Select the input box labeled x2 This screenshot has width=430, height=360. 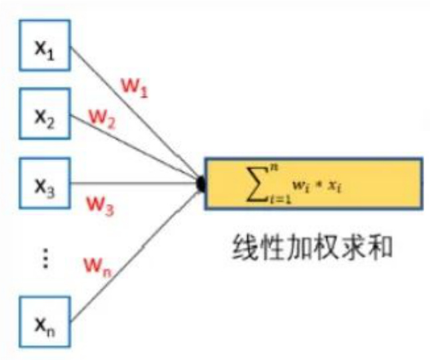pos(45,113)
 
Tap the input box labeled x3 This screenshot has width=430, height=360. pos(45,182)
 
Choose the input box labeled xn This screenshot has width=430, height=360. pos(45,323)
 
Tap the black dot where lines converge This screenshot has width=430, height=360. pos(201,183)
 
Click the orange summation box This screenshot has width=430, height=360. pos(313,183)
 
